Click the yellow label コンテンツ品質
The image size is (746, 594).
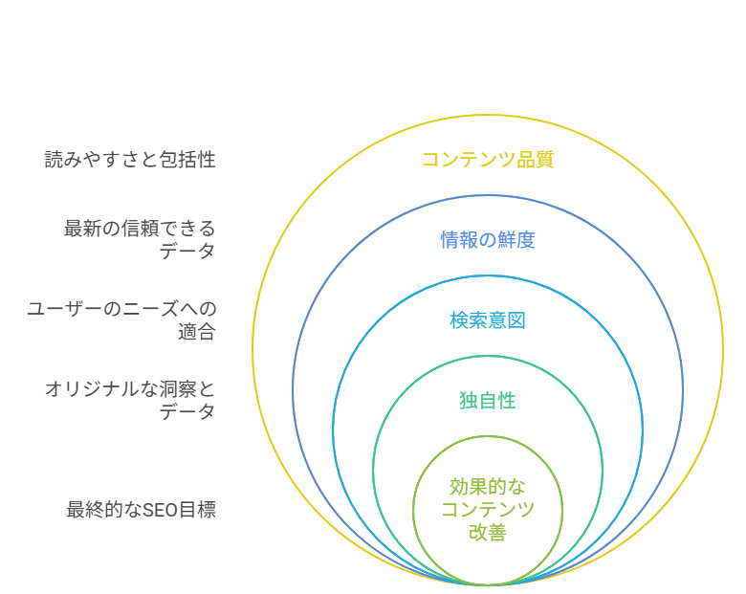pyautogui.click(x=488, y=160)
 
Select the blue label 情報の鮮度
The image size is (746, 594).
pyautogui.click(x=488, y=240)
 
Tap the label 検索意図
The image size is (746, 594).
pyautogui.click(x=488, y=320)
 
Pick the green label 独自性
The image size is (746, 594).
pyautogui.click(x=488, y=401)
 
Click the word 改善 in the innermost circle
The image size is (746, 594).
pyautogui.click(x=488, y=532)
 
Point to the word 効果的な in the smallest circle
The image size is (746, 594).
pyautogui.click(x=488, y=487)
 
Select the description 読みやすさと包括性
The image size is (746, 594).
pyautogui.click(x=130, y=160)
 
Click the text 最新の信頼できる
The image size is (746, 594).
pyautogui.click(x=140, y=229)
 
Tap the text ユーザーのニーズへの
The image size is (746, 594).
pyautogui.click(x=121, y=309)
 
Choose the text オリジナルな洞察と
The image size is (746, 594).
pyautogui.click(x=130, y=389)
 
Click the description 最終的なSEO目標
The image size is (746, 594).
pyautogui.click(x=142, y=510)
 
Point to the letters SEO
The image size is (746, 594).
pyautogui.click(x=160, y=510)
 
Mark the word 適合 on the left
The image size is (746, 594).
pyautogui.click(x=197, y=332)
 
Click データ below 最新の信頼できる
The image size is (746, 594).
pyautogui.click(x=187, y=251)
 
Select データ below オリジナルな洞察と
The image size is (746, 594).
pyautogui.click(x=187, y=411)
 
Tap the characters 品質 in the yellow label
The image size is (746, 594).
pyautogui.click(x=536, y=160)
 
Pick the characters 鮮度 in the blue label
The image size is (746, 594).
pyautogui.click(x=516, y=240)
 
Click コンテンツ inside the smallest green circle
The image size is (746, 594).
pyautogui.click(x=488, y=509)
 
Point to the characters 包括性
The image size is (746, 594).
pyautogui.click(x=187, y=160)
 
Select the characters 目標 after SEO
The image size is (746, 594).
pyautogui.click(x=197, y=510)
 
